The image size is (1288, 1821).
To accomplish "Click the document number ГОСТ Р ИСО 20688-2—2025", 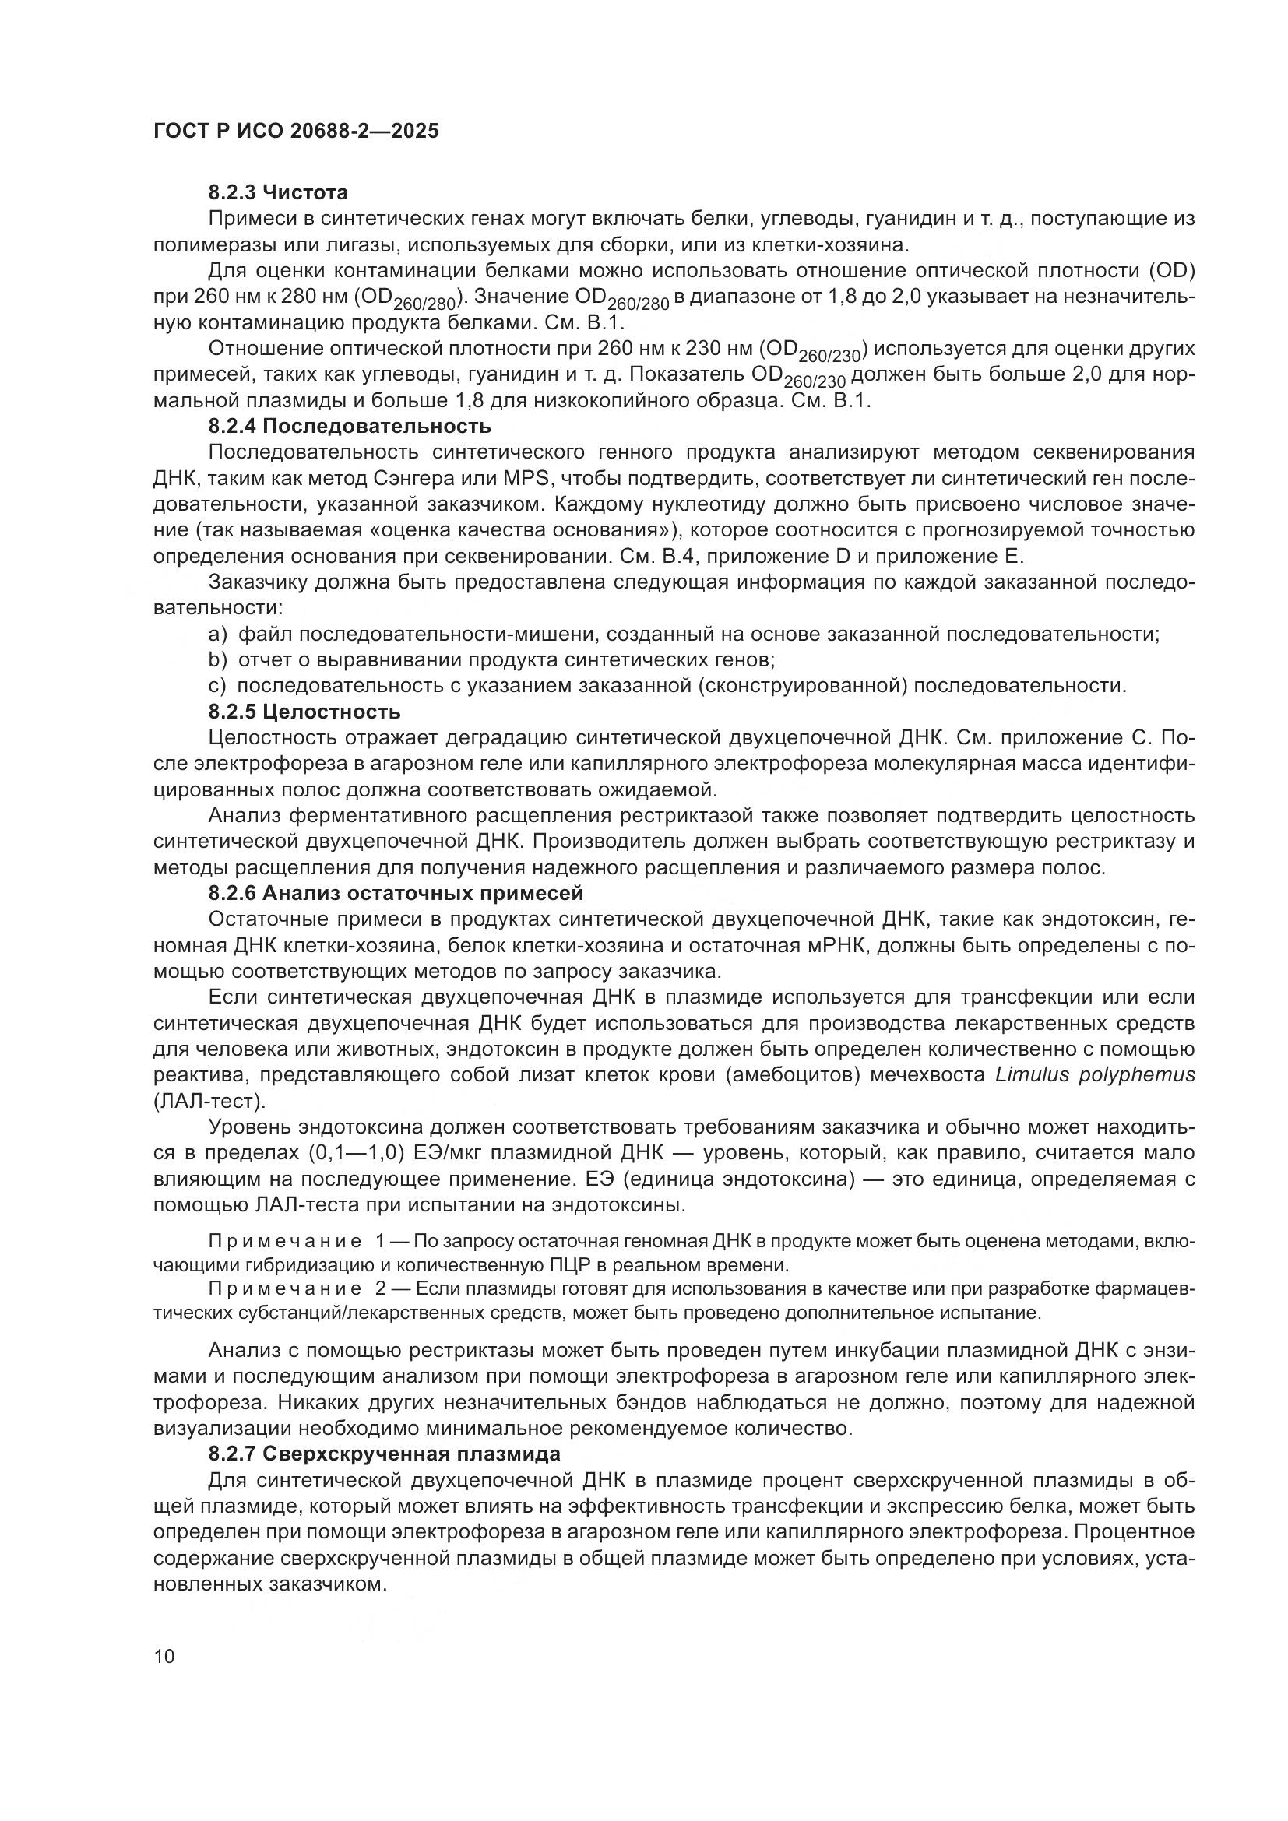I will click(x=296, y=131).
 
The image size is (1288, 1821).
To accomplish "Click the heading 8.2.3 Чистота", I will click(x=277, y=192).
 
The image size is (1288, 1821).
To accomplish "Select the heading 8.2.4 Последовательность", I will click(x=350, y=426).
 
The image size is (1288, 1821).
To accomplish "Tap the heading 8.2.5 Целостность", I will click(x=304, y=711).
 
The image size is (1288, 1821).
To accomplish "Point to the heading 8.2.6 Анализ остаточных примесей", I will click(x=396, y=893).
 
